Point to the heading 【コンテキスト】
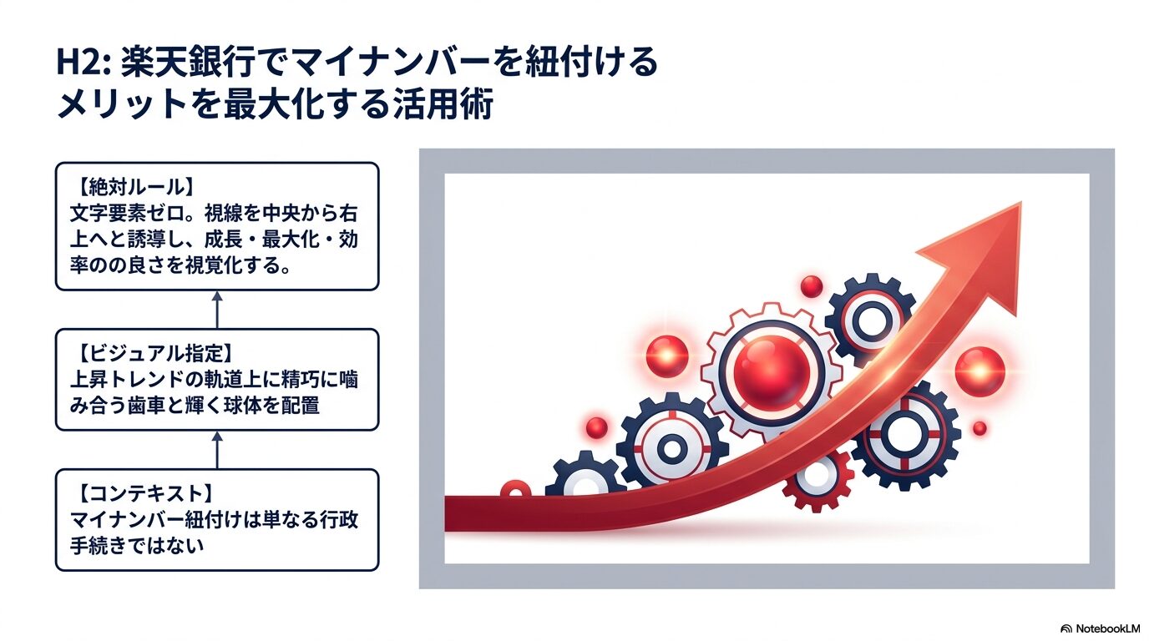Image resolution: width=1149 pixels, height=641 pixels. pos(141,492)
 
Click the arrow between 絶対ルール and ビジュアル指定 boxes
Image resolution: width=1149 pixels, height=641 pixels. pos(217,309)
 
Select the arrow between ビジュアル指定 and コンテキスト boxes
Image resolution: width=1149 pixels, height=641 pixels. pos(217,449)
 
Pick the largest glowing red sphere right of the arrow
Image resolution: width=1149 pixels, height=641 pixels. pos(979,371)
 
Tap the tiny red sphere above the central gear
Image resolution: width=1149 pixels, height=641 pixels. pos(811,286)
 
